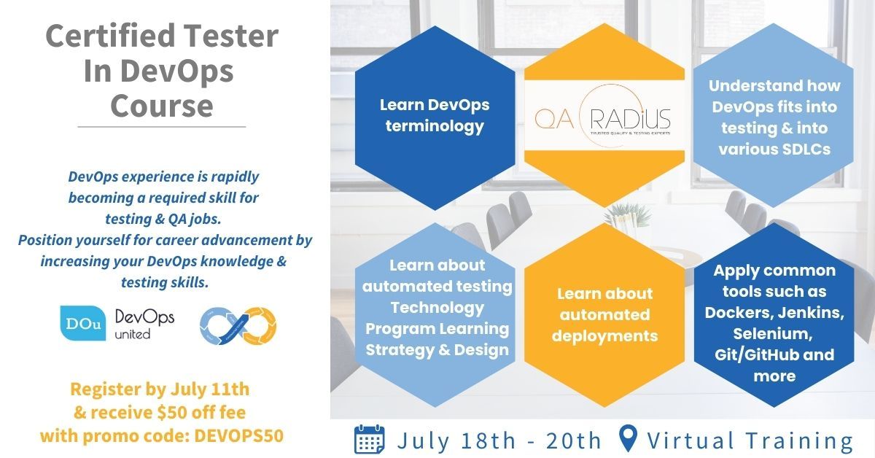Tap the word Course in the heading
161,105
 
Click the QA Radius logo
604,116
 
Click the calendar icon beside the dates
370,440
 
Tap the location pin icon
628,439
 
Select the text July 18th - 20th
499,440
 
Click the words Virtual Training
750,440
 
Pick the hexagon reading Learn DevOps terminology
434,115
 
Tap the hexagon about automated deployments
604,315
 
